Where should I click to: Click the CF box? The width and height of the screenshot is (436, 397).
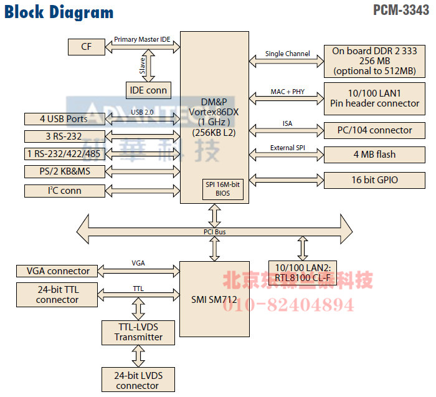point(85,46)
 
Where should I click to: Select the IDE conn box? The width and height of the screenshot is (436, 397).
point(148,90)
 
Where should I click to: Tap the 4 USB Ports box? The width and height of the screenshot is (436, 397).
point(64,118)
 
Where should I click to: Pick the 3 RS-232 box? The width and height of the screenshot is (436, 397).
point(64,136)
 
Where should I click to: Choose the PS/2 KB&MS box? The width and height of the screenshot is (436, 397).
point(64,171)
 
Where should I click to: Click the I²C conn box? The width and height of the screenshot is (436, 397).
point(64,190)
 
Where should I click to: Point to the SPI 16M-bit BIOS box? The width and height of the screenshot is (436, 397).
point(214,189)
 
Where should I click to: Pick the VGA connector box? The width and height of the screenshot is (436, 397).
point(57,271)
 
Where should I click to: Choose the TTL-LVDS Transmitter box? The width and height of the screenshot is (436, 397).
point(138,332)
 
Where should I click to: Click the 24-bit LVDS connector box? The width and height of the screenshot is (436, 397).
point(138,381)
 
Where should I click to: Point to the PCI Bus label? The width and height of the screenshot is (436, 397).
point(214,232)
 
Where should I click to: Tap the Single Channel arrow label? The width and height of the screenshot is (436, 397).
point(287,54)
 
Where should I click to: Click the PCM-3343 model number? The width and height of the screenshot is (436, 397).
point(402,10)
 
